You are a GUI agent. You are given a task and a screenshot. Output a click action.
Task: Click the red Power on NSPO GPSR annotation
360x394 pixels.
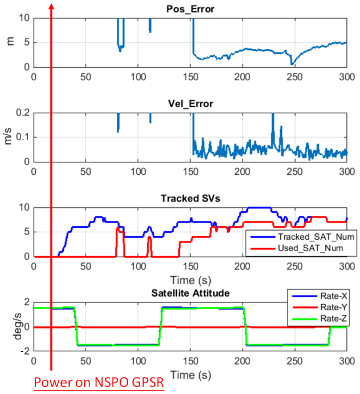(x=99, y=382)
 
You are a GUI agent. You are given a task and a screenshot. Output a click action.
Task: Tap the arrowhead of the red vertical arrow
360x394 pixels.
(x=52, y=7)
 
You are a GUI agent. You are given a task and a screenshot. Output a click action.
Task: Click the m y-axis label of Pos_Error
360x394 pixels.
(x=10, y=42)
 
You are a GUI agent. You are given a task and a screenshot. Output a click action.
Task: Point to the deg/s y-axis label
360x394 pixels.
(x=10, y=327)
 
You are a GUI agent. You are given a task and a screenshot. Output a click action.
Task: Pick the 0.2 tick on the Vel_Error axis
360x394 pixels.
(x=21, y=112)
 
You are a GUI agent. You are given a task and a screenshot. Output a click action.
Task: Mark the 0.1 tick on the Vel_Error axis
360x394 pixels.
(x=21, y=137)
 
